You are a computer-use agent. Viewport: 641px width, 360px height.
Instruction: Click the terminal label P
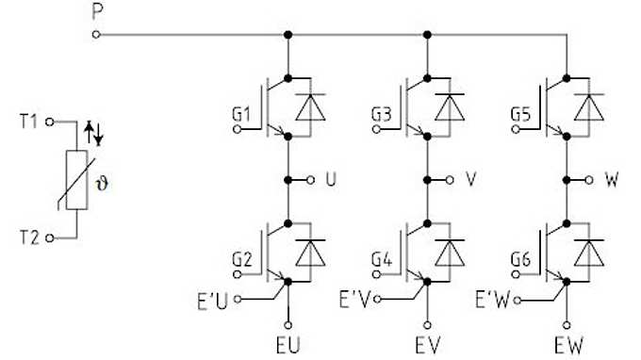point(98,12)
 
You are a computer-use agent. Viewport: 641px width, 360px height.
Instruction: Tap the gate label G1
point(242,116)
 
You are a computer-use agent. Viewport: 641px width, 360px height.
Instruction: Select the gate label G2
point(242,258)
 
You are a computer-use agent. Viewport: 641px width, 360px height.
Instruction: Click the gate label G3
point(380,116)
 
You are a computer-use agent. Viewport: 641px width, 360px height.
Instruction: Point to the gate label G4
point(380,258)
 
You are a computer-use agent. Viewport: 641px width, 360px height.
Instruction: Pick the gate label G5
point(519,116)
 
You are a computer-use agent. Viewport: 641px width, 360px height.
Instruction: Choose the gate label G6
point(519,258)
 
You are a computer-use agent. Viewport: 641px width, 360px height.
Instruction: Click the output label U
point(330,178)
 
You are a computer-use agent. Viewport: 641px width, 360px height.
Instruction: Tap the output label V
point(469,178)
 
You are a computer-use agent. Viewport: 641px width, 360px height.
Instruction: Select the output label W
point(611,178)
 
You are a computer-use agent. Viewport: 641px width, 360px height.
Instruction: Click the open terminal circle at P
point(97,36)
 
